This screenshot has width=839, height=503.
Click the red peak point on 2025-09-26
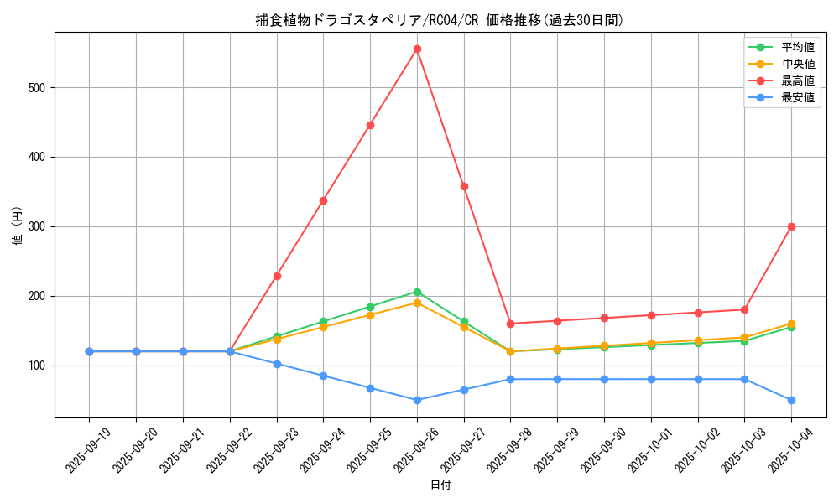pyautogui.click(x=417, y=49)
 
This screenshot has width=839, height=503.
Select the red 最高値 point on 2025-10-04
pyautogui.click(x=791, y=226)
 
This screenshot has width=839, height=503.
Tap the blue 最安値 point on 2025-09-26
pyautogui.click(x=417, y=400)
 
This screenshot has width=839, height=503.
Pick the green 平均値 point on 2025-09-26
pyautogui.click(x=417, y=292)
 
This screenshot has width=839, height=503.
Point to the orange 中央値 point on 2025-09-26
pyautogui.click(x=417, y=303)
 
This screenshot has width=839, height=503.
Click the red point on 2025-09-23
pyautogui.click(x=277, y=276)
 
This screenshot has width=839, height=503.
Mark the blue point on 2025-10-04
pyautogui.click(x=791, y=400)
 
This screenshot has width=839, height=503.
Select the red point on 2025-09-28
pyautogui.click(x=510, y=324)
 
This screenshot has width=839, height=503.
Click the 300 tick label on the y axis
pyautogui.click(x=39, y=226)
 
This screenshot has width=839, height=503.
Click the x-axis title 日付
pyautogui.click(x=440, y=485)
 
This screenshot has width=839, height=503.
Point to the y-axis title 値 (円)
pyautogui.click(x=17, y=226)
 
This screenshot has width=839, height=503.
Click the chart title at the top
pyautogui.click(x=440, y=20)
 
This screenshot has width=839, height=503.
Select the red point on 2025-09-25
pyautogui.click(x=370, y=125)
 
